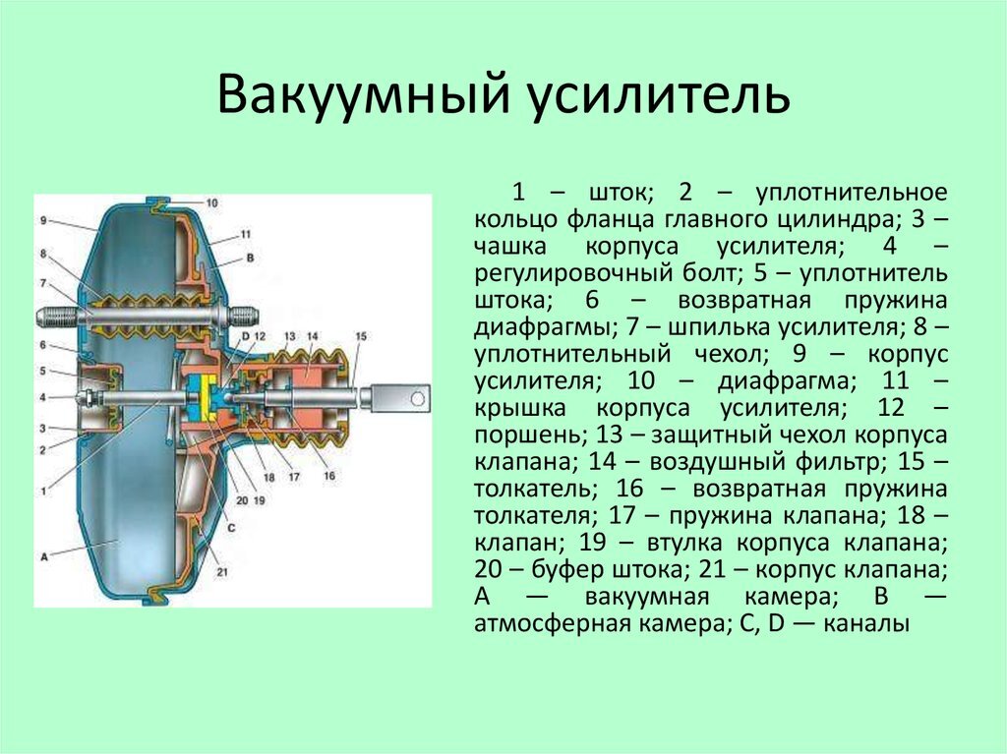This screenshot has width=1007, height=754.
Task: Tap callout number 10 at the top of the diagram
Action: tap(212, 203)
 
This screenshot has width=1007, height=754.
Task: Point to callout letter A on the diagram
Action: tap(44, 555)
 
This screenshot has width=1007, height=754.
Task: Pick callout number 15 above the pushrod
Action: tap(360, 337)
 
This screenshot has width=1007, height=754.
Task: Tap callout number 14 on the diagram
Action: tap(312, 337)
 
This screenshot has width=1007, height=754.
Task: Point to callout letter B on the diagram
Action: tap(250, 257)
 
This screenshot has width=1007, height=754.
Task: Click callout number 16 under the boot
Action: tap(328, 476)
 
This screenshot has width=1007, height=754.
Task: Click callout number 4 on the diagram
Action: tap(44, 397)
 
